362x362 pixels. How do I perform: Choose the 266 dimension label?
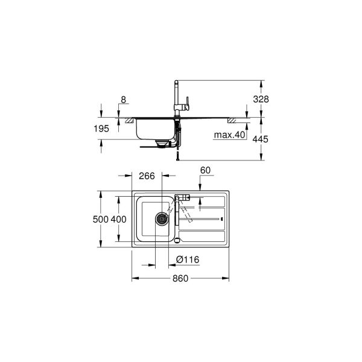pos(147,176)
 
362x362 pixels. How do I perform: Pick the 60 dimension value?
pos(205,171)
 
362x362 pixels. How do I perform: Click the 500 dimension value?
pos(101,220)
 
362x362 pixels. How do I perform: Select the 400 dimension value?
pos(119,220)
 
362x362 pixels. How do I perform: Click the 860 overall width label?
pos(180,278)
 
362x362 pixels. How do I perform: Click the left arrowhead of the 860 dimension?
pos(133,278)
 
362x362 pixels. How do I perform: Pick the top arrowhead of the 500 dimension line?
pos(101,195)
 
